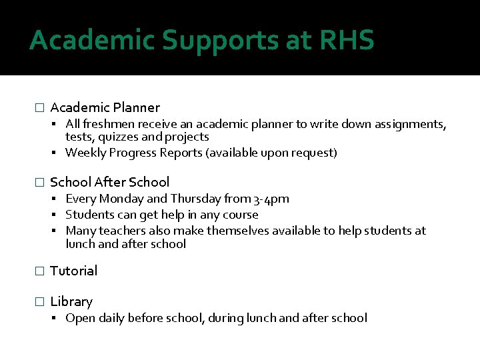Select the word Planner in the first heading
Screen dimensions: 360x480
(x=136, y=107)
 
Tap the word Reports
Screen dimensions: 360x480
(x=181, y=153)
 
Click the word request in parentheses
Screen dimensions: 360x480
(x=313, y=153)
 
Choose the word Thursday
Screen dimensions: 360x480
(x=197, y=199)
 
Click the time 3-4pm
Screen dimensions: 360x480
(x=271, y=199)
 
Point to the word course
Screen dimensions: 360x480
(x=239, y=215)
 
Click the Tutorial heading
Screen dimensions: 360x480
(x=73, y=271)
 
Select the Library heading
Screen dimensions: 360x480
(x=71, y=301)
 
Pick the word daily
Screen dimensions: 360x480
(x=111, y=318)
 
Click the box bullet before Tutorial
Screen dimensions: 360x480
(x=39, y=271)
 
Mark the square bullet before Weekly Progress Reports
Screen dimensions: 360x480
(x=57, y=153)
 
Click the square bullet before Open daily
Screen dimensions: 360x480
(x=57, y=319)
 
